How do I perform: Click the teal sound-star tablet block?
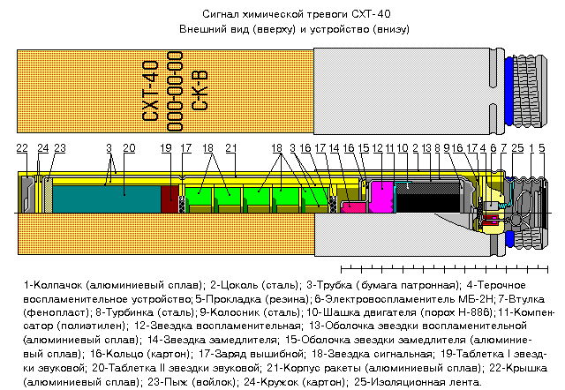point(107,199)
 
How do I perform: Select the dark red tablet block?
point(169,199)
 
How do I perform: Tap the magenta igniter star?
point(382,197)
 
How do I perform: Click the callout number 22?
point(22,148)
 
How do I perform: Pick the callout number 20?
point(129,148)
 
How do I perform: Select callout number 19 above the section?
point(166,148)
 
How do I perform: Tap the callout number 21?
point(231,148)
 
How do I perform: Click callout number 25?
point(517,148)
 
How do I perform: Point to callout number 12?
point(377,148)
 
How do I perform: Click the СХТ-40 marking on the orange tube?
point(150,91)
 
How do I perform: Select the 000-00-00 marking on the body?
point(175,91)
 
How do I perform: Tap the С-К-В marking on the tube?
point(200,91)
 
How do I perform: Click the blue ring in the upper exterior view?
point(508,91)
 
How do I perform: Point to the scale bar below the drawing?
point(444,268)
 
